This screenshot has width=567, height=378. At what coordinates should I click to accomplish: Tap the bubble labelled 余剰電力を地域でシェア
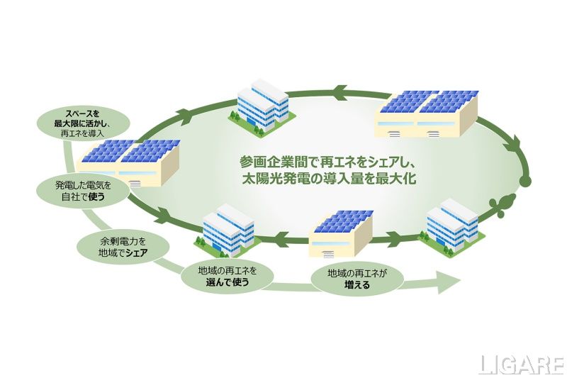pos(123,248)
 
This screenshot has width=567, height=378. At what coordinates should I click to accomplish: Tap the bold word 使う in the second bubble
pos(97,196)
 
